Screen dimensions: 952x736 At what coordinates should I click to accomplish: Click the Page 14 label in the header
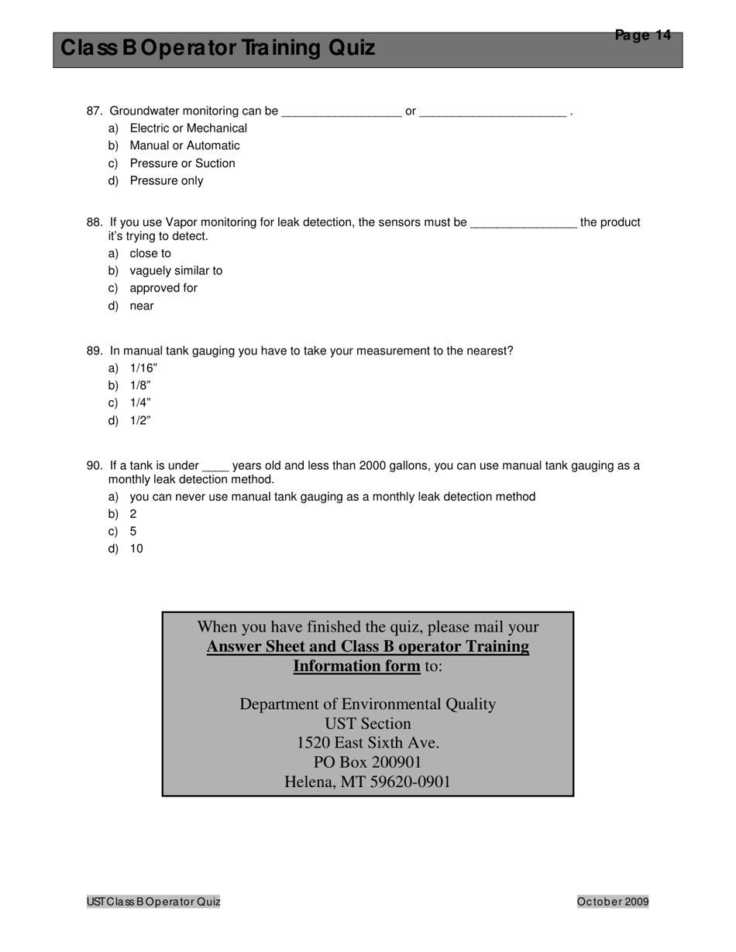point(642,35)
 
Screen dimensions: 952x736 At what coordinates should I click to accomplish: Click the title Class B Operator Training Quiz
point(218,48)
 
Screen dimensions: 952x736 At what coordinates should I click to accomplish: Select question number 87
point(95,111)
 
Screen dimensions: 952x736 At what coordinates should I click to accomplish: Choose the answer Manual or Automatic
point(184,146)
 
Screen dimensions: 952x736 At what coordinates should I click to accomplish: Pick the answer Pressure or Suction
point(182,163)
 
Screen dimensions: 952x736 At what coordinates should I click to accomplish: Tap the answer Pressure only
point(166,180)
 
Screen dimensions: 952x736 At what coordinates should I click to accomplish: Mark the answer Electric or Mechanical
point(188,128)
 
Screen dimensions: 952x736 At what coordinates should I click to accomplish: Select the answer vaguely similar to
point(176,271)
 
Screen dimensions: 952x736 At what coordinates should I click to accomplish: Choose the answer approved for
point(163,288)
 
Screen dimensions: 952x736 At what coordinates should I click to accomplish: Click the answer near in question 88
point(142,306)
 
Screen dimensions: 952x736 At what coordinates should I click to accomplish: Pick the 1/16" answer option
point(143,368)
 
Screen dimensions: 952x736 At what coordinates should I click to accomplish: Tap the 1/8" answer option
point(140,385)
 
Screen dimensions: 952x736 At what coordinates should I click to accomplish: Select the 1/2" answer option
point(140,420)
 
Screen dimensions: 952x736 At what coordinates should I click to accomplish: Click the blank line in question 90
point(215,467)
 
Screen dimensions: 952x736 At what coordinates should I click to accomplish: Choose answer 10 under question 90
point(136,549)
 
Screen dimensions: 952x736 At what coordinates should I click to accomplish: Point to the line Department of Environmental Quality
point(367,704)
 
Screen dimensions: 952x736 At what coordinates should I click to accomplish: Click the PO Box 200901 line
point(367,762)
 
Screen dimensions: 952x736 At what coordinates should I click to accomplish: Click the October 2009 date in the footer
point(612,901)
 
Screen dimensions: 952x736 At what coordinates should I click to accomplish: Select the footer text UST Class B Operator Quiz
point(153,901)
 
